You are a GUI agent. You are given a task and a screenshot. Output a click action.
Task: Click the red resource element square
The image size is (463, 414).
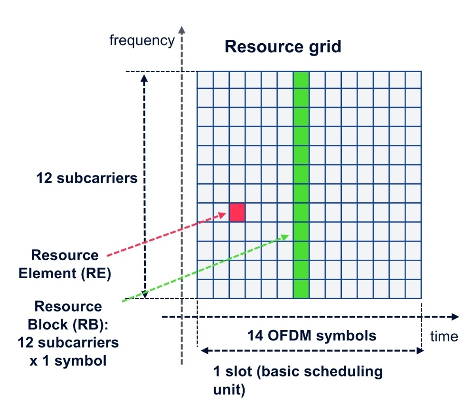[x=237, y=212]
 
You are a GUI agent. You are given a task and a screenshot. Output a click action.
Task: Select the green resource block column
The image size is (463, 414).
[x=301, y=185]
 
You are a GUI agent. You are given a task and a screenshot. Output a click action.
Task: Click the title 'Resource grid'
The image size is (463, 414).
[x=283, y=47]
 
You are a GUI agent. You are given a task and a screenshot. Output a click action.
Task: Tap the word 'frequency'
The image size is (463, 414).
[x=142, y=40]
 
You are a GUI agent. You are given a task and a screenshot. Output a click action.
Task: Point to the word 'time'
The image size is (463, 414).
[x=444, y=336]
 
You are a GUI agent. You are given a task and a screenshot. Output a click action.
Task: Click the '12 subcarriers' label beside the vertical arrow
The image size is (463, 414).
[x=87, y=178]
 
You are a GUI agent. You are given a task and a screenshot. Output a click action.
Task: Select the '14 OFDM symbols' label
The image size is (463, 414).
[x=312, y=336]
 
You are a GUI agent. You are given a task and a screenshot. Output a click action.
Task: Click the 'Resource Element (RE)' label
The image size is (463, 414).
[x=65, y=264]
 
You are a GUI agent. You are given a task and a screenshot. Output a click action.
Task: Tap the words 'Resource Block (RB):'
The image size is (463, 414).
[x=68, y=315]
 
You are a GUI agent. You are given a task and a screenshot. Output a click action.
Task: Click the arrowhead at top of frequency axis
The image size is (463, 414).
[x=182, y=29]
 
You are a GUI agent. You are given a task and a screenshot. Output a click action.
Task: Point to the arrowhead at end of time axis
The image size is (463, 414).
[x=455, y=317]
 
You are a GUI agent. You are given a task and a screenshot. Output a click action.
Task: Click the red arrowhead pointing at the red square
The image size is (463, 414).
[x=222, y=215]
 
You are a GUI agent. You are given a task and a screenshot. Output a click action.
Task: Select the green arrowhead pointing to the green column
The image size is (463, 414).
[x=284, y=237]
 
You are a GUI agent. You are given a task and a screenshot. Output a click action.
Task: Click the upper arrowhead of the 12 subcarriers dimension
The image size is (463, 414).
[x=144, y=78]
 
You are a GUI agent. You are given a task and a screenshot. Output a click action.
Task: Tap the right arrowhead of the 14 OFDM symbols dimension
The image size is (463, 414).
[x=420, y=351]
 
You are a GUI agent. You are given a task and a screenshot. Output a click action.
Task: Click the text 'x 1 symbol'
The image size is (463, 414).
[x=68, y=361]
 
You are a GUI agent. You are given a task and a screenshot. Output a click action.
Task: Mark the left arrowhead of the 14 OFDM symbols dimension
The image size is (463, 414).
[x=205, y=351]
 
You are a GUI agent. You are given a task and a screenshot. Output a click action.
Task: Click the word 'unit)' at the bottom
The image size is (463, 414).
[x=229, y=390]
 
